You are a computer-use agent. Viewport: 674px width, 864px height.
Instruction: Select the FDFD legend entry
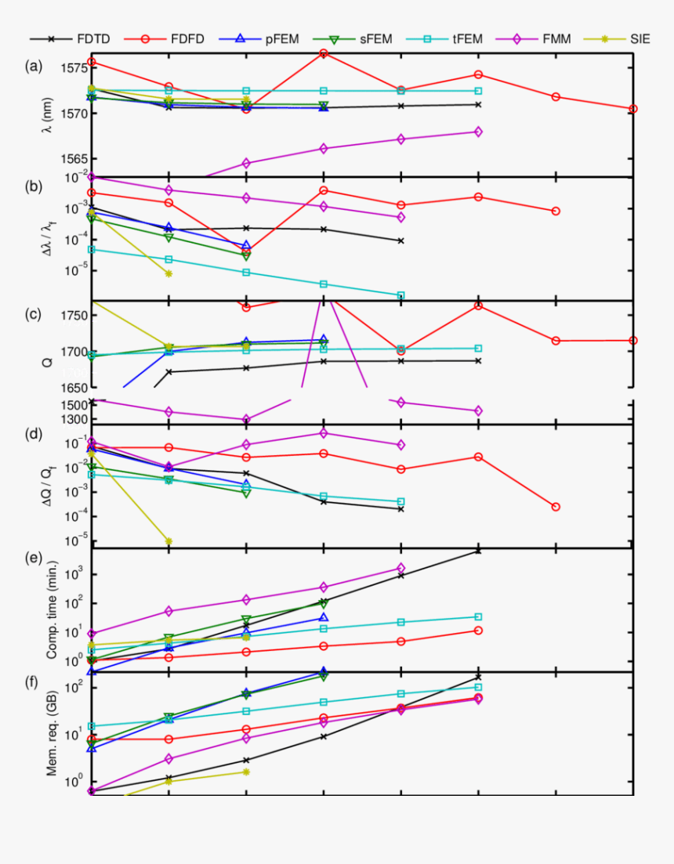tap(188, 38)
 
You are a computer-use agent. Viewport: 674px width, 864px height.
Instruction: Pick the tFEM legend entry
tap(468, 38)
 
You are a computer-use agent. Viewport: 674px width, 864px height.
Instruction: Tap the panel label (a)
tap(33, 66)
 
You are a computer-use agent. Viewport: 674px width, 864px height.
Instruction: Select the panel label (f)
tap(33, 681)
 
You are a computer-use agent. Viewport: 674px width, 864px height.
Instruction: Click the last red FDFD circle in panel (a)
tap(632, 109)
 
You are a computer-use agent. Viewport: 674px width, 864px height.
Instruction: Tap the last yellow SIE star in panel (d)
tap(168, 540)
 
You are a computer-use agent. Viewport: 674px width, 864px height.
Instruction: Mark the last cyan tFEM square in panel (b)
tap(400, 295)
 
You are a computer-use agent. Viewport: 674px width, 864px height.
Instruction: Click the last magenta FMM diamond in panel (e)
tap(400, 568)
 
